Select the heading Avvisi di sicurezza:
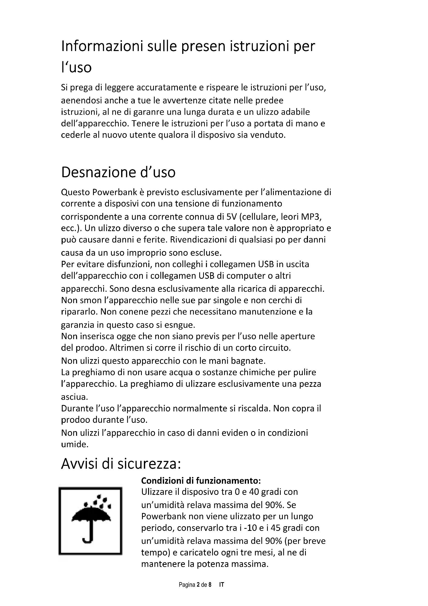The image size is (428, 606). point(121,464)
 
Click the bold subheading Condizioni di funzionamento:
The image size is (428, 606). point(201,481)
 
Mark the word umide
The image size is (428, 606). point(74,445)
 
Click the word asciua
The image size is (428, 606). point(74,397)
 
